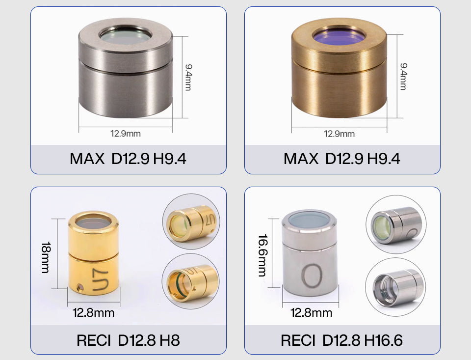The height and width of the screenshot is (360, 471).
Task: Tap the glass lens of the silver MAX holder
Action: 126,37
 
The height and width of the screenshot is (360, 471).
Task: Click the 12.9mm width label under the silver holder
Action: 125,134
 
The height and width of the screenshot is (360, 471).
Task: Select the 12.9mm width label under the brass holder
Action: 339,134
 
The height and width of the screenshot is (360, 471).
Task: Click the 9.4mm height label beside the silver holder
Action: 188,77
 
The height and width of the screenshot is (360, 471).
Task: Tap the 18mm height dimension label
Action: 46,257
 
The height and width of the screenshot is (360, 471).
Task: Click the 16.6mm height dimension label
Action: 262,255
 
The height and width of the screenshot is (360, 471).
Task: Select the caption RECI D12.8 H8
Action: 128,340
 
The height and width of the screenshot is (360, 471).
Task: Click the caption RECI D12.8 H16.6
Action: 341,340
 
